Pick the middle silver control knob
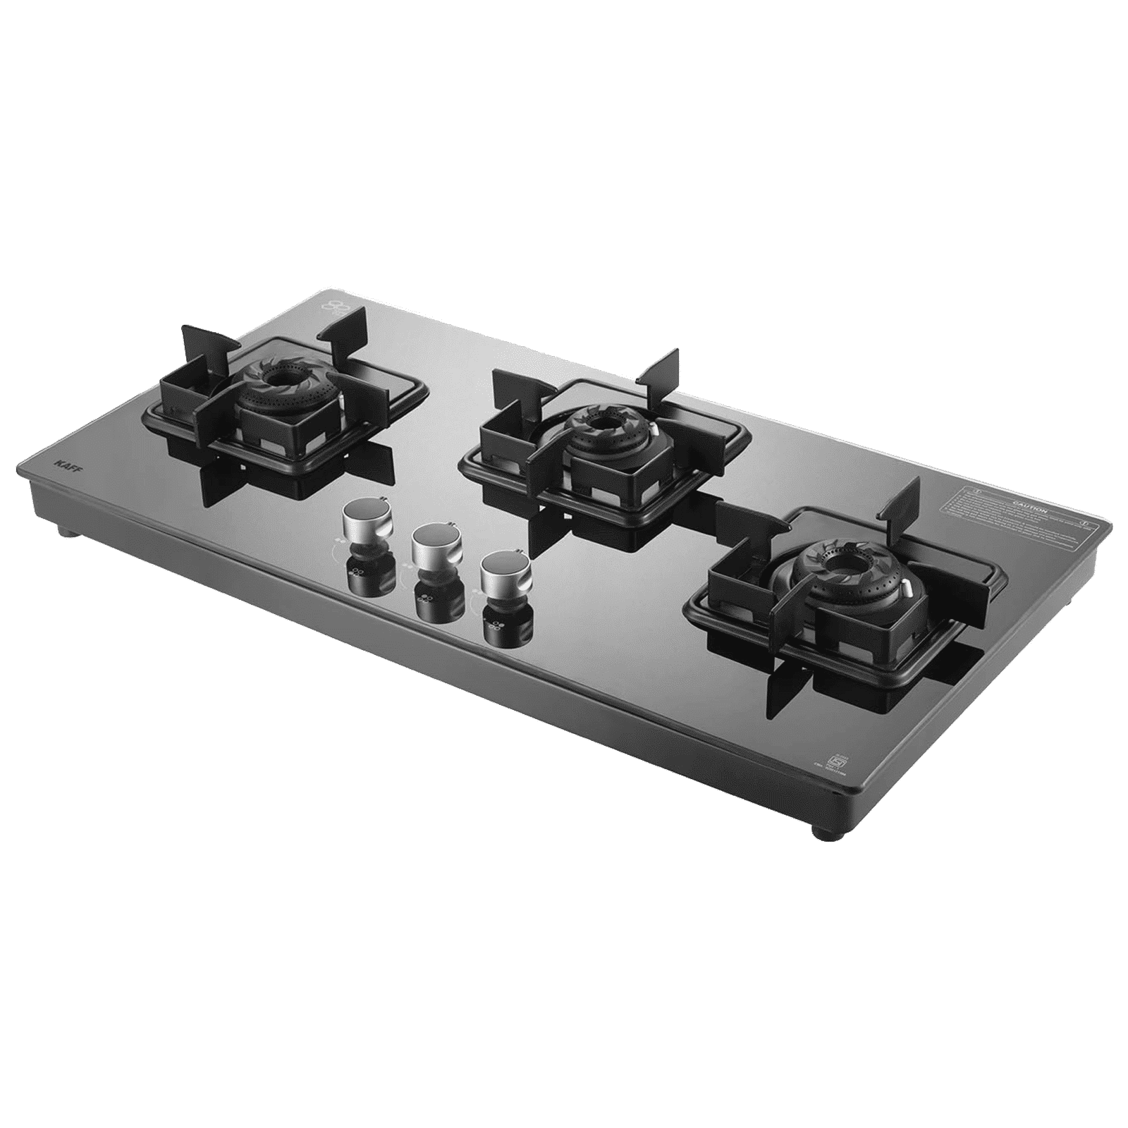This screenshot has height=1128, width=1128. pos(431,549)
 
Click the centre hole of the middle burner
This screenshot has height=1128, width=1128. pos(603,422)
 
